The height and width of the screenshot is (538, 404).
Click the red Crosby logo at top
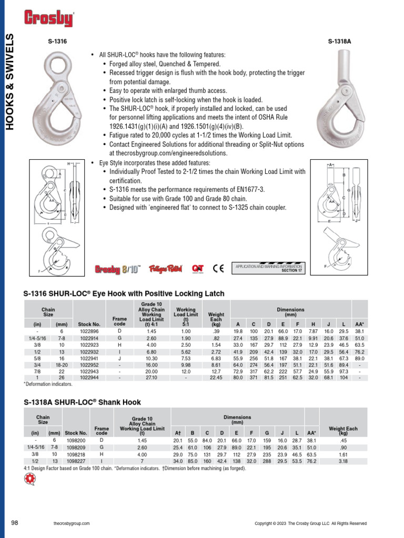(48, 19)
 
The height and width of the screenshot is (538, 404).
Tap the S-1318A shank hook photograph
(344, 100)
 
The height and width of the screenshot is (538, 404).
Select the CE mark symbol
(218, 268)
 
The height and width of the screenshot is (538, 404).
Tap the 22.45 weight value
(216, 377)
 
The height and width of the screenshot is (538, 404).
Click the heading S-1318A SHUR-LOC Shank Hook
(82, 402)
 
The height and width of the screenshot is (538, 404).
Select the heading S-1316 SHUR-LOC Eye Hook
(124, 294)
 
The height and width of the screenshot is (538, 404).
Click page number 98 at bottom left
(15, 523)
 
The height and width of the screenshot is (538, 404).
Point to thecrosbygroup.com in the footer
(72, 523)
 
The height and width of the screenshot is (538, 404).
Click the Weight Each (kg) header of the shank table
(343, 431)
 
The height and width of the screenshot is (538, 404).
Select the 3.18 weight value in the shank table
(343, 461)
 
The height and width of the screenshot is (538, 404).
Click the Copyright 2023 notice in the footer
(310, 523)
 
